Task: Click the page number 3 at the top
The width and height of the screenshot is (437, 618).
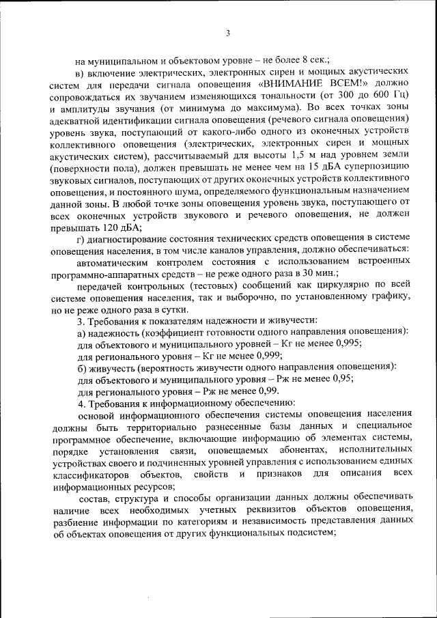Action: [228, 33]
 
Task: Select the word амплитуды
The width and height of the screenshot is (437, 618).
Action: [88, 107]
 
